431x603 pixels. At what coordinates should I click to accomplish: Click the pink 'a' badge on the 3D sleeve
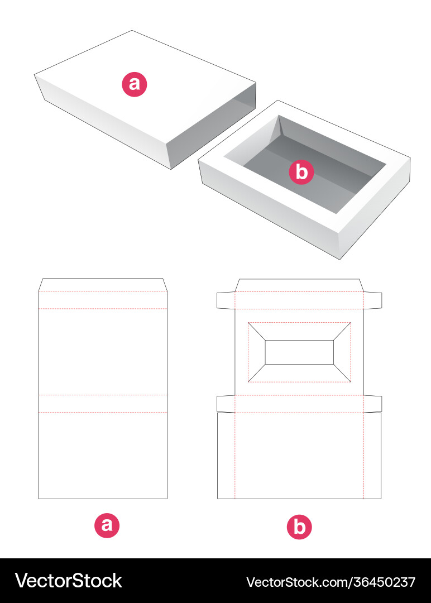(134, 84)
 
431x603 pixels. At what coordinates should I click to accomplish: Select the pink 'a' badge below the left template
(107, 525)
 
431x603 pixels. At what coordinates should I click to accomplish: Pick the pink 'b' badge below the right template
(299, 527)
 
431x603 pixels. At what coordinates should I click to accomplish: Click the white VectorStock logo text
(69, 581)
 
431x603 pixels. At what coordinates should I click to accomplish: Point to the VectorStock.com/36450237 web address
(331, 582)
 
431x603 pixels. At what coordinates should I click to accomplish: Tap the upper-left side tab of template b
(226, 300)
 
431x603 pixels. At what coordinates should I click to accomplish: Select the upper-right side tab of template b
(372, 300)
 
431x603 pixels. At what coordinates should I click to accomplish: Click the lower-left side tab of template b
(226, 404)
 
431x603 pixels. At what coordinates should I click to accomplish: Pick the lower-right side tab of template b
(372, 404)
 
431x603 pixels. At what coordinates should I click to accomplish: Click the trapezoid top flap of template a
(103, 285)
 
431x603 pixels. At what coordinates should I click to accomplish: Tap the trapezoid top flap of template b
(299, 285)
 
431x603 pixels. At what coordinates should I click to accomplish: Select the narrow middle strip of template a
(103, 404)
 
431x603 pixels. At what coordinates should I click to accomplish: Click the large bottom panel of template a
(103, 456)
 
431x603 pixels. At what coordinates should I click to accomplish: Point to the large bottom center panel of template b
(299, 456)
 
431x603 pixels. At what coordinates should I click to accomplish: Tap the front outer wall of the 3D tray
(269, 210)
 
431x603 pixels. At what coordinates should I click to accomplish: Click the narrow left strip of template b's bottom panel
(226, 456)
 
